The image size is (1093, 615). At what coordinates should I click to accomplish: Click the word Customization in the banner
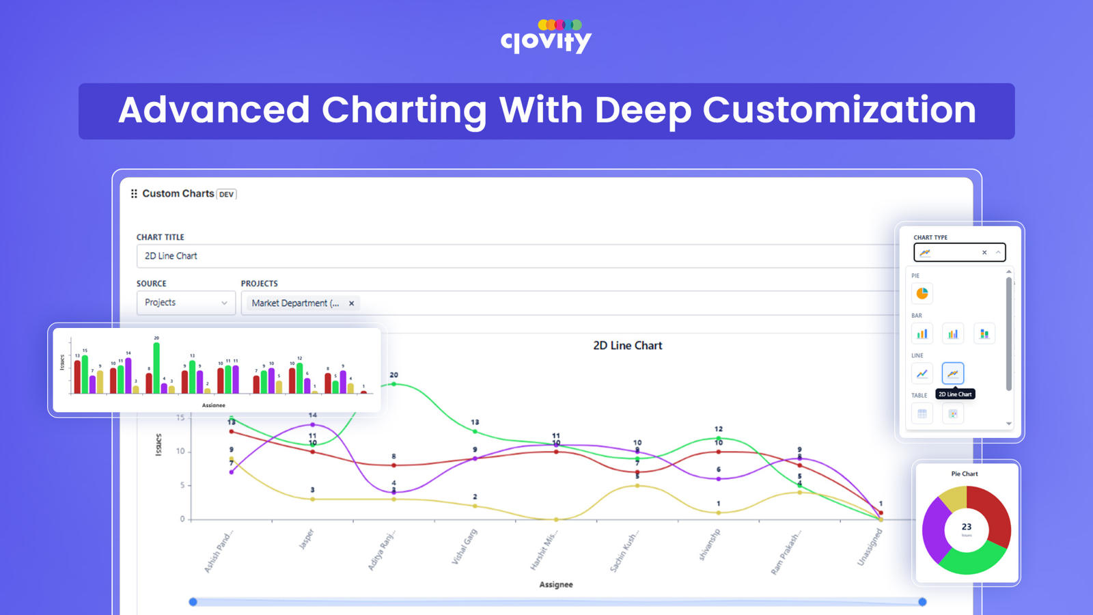pos(839,110)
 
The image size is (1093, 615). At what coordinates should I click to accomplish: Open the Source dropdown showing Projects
pos(186,303)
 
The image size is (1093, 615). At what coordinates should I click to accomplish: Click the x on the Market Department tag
pos(352,303)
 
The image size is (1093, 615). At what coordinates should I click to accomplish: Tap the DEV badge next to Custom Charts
pos(226,194)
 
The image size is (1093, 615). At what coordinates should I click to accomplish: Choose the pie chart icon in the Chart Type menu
pos(922,294)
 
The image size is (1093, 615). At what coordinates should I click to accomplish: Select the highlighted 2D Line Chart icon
pos(953,373)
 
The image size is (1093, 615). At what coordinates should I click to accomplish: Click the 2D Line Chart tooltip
pos(955,394)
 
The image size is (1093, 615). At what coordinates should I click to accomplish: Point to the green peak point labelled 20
pos(393,384)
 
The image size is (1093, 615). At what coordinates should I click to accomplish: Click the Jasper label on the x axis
pos(307,538)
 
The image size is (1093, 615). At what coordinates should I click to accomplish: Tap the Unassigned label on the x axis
pos(870,547)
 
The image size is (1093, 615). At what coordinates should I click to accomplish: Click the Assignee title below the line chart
pos(556,585)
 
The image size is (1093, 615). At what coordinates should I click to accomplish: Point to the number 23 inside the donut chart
pos(967,527)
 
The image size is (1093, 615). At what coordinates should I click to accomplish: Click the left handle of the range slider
pos(193,602)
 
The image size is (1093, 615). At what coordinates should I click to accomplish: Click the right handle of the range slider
pos(922,602)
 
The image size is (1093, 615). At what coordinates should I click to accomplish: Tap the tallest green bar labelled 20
pos(156,368)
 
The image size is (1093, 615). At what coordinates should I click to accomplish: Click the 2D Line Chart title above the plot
pos(627,346)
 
